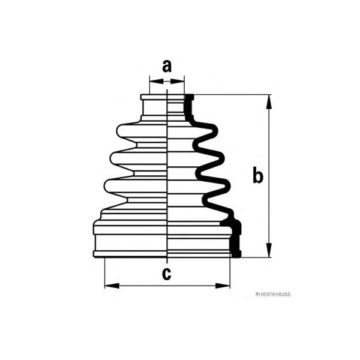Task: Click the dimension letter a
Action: pyautogui.click(x=167, y=66)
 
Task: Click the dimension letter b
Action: pyautogui.click(x=257, y=175)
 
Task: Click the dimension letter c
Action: pyautogui.click(x=166, y=274)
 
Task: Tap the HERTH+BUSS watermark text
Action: pyautogui.click(x=273, y=295)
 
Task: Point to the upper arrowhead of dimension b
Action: pyautogui.click(x=269, y=102)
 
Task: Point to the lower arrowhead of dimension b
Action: pyautogui.click(x=269, y=250)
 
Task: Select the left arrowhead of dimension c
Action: pyautogui.click(x=112, y=286)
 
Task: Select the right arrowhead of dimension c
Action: pyautogui.click(x=223, y=286)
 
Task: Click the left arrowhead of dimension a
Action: pyautogui.click(x=157, y=81)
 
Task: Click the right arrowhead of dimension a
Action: pyautogui.click(x=177, y=81)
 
